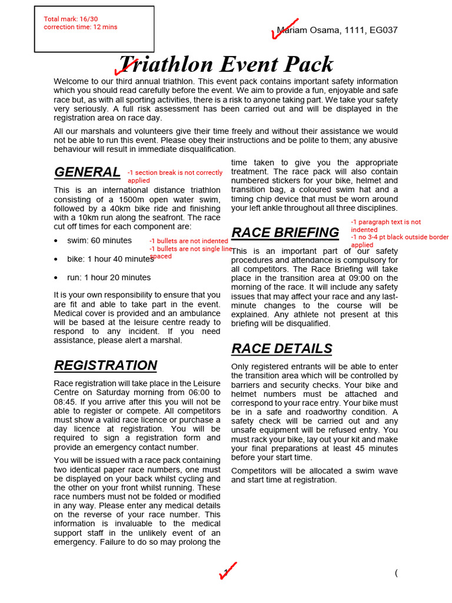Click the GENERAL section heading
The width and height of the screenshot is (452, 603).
point(87,172)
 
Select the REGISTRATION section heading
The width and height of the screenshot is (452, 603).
point(105,365)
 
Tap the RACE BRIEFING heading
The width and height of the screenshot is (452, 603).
point(285,233)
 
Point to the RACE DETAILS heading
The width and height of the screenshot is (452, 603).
point(281,349)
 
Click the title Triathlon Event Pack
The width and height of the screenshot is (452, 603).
point(226,64)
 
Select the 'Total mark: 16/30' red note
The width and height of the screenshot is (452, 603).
point(71,19)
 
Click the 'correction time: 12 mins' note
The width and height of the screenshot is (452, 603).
point(80,27)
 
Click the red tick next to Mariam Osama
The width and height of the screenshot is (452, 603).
point(283,28)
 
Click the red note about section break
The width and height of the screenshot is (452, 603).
point(175,176)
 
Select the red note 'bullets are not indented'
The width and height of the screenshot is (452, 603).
point(188,241)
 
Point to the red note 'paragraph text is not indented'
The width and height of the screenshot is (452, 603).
point(386,226)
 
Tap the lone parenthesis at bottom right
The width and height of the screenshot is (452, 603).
point(397,573)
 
